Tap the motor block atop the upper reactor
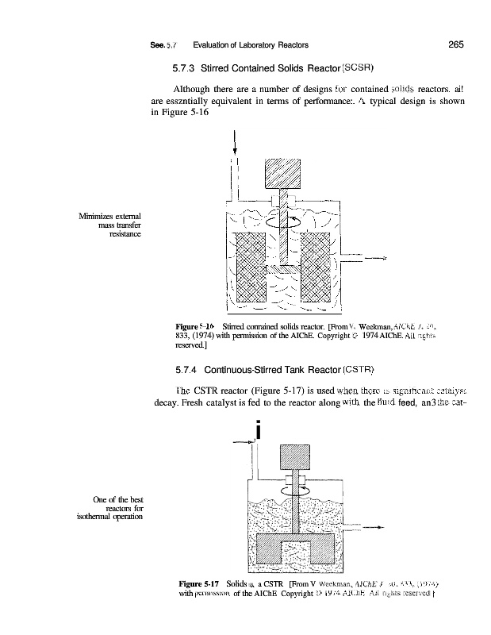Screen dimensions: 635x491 282,175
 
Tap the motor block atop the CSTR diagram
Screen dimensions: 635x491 296,456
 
